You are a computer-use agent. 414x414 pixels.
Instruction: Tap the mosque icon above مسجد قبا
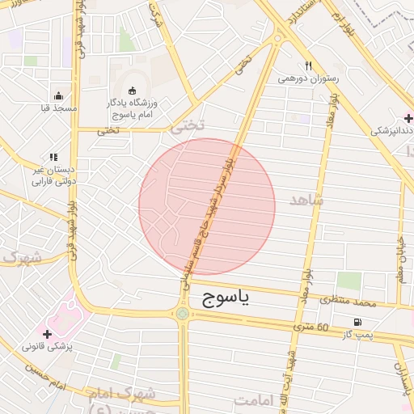[x=57, y=95]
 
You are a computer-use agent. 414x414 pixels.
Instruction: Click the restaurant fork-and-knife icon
[x=308, y=66]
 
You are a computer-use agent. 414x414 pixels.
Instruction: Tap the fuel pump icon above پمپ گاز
[x=357, y=322]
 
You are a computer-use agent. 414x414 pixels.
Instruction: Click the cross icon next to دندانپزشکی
[x=408, y=118]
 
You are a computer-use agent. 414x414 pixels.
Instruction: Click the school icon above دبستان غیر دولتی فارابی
[x=53, y=157]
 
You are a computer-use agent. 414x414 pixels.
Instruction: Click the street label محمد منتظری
[x=348, y=302]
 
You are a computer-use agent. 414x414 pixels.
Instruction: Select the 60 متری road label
[x=310, y=327]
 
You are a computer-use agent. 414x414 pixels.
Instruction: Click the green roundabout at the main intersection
[x=182, y=314]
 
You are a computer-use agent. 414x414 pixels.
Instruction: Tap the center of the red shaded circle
[x=207, y=206]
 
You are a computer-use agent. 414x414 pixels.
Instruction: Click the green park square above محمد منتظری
[x=349, y=281]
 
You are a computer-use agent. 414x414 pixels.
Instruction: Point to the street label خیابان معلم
[x=399, y=258]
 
